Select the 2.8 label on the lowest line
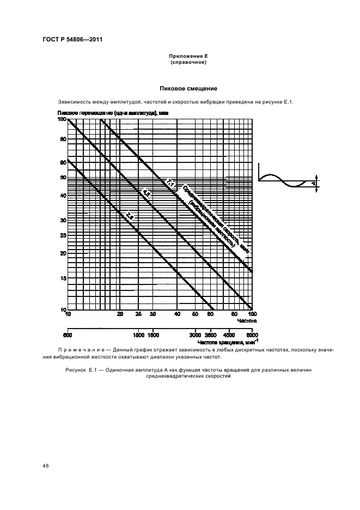(130, 216)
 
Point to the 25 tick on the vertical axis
(63, 235)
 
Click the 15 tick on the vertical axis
(63, 278)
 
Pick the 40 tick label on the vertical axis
(63, 196)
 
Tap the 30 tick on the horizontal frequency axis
(153, 314)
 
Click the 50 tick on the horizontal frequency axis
(194, 314)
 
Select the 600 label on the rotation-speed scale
(68, 336)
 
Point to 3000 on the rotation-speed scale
(195, 336)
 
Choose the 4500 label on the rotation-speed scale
(229, 336)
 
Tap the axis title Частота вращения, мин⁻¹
(229, 342)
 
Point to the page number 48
(45, 466)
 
